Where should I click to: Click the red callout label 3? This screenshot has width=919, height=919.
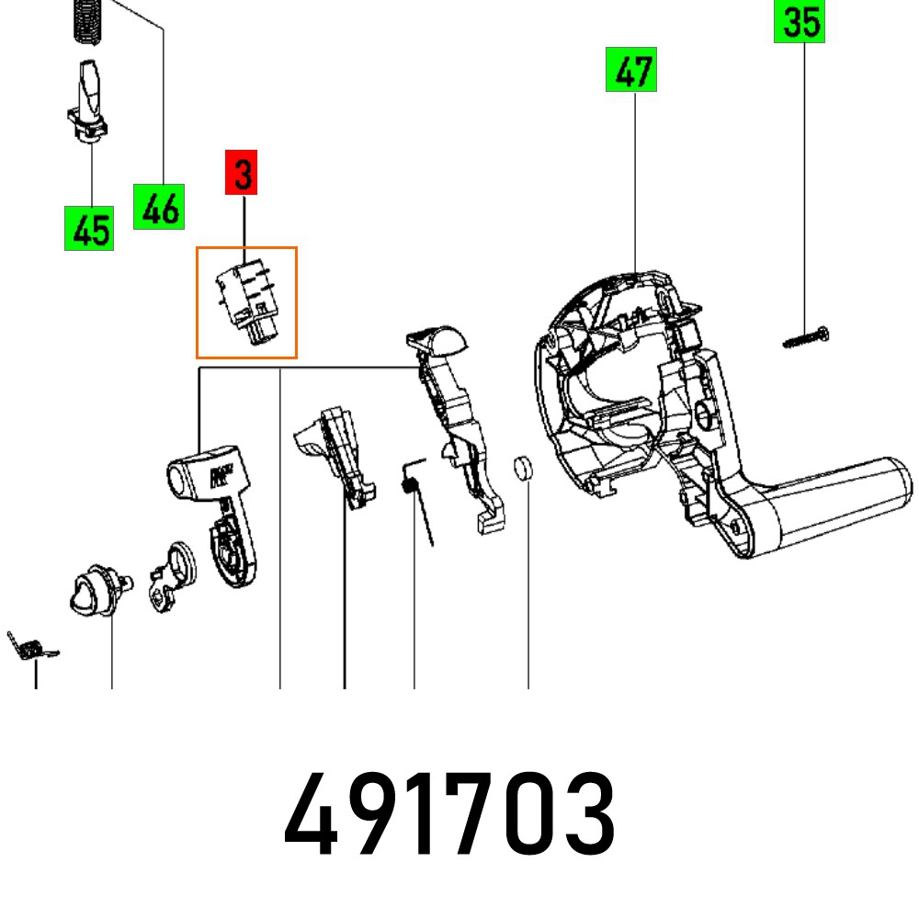(242, 175)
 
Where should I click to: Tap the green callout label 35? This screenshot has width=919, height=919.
(799, 21)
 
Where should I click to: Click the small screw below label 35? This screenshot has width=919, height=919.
(807, 337)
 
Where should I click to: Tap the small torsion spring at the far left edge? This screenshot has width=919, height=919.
(29, 645)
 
